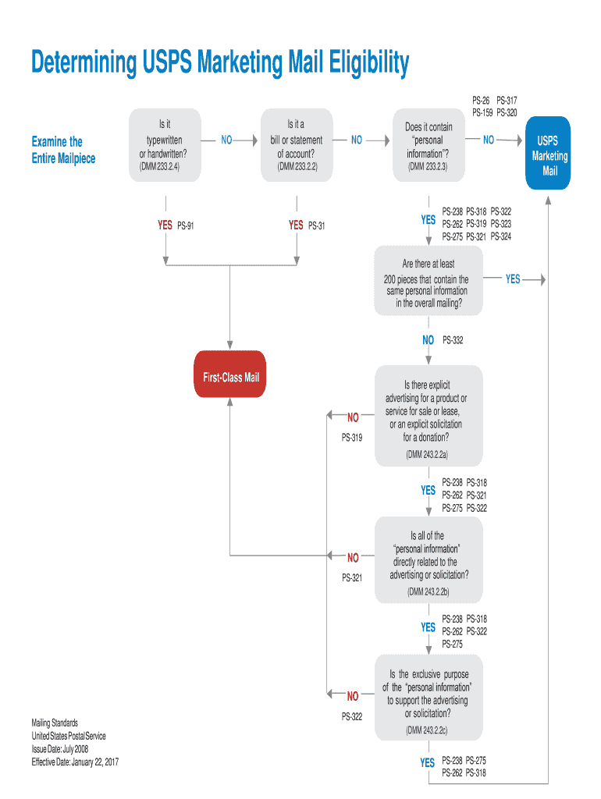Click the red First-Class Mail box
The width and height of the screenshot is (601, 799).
[230, 378]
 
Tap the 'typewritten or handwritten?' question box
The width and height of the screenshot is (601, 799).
[164, 145]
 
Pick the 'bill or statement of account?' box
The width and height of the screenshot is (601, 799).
[296, 145]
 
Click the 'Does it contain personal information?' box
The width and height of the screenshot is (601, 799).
[428, 146]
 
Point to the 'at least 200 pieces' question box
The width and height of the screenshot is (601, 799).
[428, 281]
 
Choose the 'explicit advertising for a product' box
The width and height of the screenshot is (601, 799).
[428, 416]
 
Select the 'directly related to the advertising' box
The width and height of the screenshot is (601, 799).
[428, 559]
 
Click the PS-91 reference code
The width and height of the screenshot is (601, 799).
[186, 225]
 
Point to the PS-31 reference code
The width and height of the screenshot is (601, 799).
[317, 225]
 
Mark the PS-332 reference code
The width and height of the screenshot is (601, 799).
[453, 340]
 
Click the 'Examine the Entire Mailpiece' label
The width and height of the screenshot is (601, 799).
[63, 150]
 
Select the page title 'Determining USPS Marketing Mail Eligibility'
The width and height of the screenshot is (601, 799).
[220, 63]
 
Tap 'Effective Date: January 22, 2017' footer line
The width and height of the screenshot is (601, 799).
[75, 762]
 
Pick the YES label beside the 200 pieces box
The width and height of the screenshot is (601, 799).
[513, 279]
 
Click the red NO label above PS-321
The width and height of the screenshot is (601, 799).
[353, 557]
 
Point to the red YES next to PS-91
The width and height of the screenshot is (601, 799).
[165, 225]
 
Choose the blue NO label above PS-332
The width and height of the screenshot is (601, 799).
[428, 340]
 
